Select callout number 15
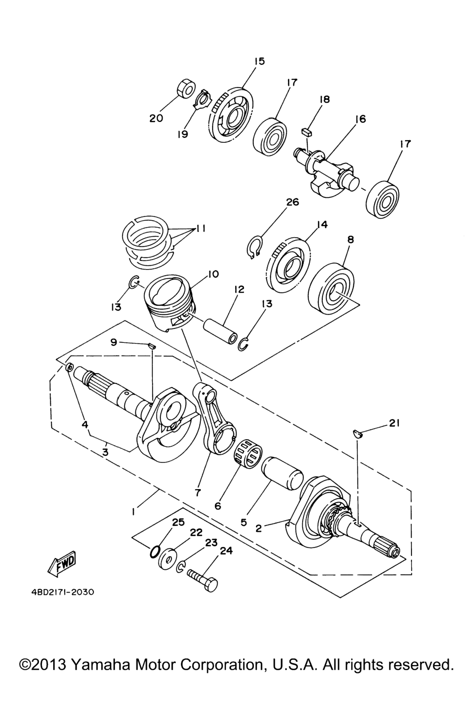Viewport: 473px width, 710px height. (x=259, y=61)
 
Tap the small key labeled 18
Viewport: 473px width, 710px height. (x=307, y=132)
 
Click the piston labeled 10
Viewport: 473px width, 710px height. (x=170, y=303)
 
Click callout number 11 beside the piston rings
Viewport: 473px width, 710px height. (x=200, y=228)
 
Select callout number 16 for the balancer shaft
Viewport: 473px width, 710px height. (x=360, y=119)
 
